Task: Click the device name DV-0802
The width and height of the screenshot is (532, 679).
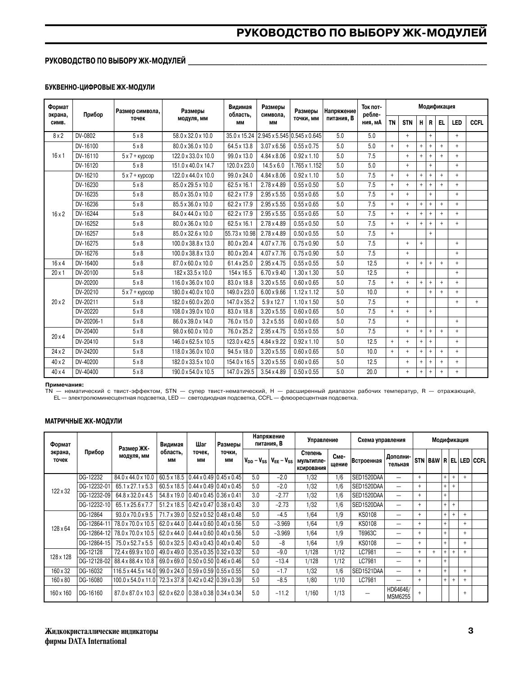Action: (86, 136)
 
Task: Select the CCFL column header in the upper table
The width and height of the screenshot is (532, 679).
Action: (476, 123)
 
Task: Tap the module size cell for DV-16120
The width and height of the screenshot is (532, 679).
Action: (193, 166)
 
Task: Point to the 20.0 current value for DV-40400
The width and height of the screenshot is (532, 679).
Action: (371, 372)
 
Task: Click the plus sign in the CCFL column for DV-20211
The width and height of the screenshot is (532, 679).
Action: (476, 302)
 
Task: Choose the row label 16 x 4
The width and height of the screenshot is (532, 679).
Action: (58, 263)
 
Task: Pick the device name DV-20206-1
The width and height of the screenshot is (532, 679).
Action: (89, 322)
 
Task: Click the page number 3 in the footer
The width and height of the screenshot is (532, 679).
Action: (470, 631)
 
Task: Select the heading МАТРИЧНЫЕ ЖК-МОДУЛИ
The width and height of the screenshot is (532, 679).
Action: (83, 421)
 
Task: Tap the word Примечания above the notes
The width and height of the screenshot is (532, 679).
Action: (64, 385)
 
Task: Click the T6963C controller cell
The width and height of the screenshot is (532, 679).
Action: (367, 533)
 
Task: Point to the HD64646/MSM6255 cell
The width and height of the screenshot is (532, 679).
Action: (398, 593)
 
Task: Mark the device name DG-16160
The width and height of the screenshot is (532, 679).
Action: (90, 593)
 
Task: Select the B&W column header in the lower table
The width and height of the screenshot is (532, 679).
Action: (434, 461)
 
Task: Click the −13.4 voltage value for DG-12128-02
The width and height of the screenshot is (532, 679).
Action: (282, 561)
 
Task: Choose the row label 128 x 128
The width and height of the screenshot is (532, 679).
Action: (61, 557)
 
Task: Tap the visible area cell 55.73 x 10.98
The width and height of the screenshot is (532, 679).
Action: (240, 234)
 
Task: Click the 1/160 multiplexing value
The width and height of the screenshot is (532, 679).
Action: (311, 593)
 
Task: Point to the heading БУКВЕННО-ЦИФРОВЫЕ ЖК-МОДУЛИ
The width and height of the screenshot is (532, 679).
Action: (99, 87)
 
